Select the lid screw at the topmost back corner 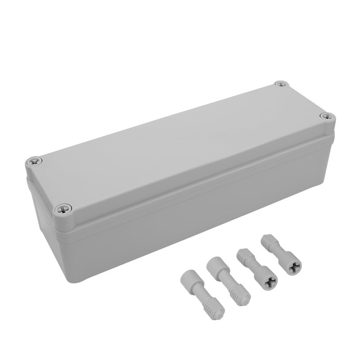pyautogui.click(x=281, y=84)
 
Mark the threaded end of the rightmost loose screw pyautogui.click(x=266, y=242)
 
